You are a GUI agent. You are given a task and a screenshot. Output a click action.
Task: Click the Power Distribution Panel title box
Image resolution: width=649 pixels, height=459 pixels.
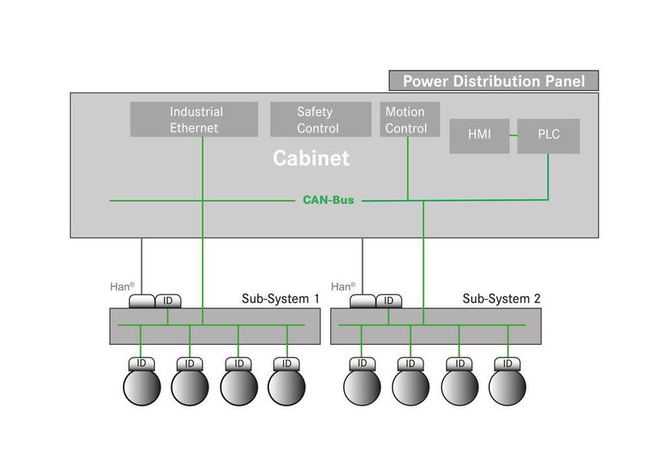[x=494, y=81]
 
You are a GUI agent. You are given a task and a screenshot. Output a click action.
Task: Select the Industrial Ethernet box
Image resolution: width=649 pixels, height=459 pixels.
[x=195, y=119]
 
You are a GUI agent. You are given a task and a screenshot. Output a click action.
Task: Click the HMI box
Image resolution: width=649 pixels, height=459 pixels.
[x=479, y=135]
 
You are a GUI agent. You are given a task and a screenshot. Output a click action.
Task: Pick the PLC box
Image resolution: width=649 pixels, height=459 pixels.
[x=548, y=135]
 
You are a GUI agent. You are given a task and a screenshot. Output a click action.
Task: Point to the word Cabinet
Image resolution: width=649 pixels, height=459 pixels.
[x=311, y=158]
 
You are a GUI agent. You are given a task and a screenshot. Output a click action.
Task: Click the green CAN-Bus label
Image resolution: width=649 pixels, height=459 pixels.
[x=329, y=199]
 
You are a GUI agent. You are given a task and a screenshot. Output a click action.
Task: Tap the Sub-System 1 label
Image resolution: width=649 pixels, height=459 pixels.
[x=281, y=298]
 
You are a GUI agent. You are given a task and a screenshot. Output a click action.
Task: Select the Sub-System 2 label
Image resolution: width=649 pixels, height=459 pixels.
[x=501, y=298]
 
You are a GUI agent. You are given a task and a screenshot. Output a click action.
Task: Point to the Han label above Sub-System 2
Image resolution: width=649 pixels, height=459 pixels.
[x=341, y=286]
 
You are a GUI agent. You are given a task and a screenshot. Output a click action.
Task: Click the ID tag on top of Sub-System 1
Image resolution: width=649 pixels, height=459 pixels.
[x=168, y=301]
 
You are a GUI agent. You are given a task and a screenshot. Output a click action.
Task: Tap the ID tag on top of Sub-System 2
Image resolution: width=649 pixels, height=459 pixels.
[x=389, y=301]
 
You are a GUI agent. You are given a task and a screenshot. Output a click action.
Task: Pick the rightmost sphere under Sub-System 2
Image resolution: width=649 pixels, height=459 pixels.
[x=508, y=386]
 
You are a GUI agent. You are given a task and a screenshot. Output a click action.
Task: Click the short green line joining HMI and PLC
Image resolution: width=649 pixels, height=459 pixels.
[x=513, y=135]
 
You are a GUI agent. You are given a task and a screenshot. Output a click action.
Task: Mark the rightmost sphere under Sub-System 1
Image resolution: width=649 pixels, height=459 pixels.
[x=286, y=386]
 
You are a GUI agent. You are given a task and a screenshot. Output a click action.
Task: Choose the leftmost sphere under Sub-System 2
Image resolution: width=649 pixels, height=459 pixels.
[x=362, y=386]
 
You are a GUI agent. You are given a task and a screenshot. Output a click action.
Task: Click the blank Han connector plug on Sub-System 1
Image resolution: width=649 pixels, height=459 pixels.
[x=141, y=301]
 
